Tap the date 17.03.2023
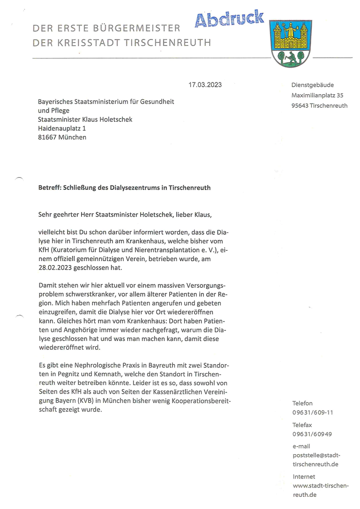tap(205, 85)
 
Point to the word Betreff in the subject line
tap(50, 187)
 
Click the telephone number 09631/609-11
tap(313, 412)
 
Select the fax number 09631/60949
tap(312, 434)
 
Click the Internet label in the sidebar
tap(304, 477)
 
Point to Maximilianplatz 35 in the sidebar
tap(317, 95)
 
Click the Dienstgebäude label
tap(313, 85)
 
